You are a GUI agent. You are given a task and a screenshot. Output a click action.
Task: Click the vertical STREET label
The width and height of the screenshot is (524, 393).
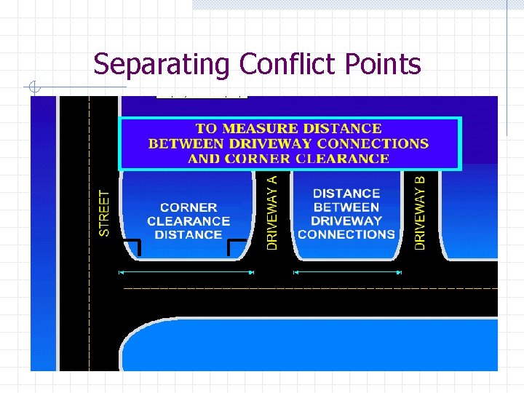click(105, 213)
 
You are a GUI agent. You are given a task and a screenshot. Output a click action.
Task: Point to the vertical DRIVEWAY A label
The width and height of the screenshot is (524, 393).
click(272, 212)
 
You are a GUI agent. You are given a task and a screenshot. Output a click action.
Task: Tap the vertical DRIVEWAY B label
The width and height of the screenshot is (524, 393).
click(420, 212)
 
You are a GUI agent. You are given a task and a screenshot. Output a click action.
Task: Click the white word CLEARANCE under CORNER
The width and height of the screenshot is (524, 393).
click(188, 221)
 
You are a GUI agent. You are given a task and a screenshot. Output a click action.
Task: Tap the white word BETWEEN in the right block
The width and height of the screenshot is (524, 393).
click(346, 207)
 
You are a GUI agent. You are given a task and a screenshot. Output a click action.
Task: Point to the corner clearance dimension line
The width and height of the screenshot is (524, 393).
click(186, 272)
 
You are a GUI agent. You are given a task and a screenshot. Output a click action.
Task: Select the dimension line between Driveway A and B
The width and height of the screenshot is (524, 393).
click(346, 272)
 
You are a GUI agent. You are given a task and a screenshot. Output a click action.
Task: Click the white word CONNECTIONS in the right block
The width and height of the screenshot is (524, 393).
click(346, 234)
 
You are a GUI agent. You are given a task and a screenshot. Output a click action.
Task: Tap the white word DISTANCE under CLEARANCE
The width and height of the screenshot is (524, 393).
click(188, 234)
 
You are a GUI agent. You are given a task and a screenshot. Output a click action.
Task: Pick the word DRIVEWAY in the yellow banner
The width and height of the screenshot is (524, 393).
click(279, 143)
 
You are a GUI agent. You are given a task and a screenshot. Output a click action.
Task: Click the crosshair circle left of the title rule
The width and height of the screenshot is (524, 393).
click(34, 89)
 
